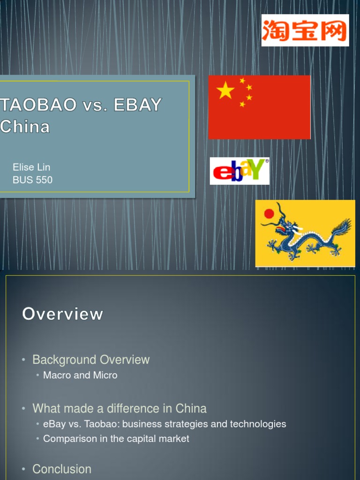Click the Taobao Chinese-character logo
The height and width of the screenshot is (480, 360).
(305, 30)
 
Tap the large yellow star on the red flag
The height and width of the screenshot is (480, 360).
(225, 90)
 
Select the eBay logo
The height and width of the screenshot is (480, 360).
(239, 171)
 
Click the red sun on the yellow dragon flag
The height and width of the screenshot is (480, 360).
(269, 214)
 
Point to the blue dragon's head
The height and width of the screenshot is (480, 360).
(284, 228)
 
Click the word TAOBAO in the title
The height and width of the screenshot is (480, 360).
(39, 105)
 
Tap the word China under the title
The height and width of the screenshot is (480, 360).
(25, 127)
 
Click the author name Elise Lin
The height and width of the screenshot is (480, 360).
(31, 167)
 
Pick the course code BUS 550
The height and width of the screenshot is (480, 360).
(33, 180)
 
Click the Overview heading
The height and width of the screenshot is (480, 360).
(62, 314)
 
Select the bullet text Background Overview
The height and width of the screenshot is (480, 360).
(91, 360)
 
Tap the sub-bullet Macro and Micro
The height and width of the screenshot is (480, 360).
(80, 375)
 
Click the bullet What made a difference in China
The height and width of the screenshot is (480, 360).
(120, 408)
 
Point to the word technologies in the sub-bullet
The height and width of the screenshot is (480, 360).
(260, 424)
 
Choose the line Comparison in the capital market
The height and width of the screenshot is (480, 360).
(116, 439)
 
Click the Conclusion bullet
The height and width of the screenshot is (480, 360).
(62, 469)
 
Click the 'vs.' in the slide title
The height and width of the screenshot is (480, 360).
(96, 105)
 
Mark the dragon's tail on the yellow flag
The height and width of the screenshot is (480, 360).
(341, 230)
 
